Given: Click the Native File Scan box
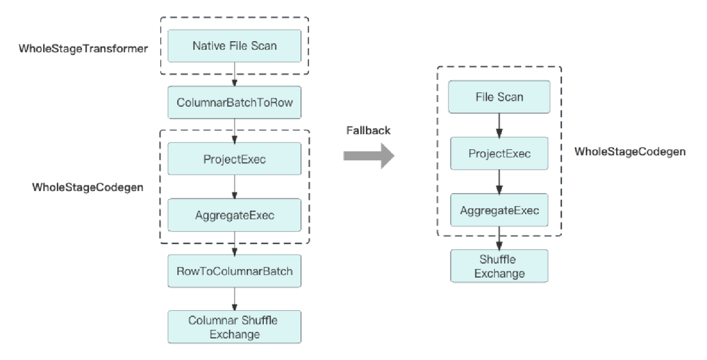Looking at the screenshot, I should pos(234,46).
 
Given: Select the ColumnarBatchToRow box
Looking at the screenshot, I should pos(234,103).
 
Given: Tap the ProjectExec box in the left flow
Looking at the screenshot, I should pos(234,159).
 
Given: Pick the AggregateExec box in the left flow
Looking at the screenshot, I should pos(234,215).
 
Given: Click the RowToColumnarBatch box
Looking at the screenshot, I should pos(234,271).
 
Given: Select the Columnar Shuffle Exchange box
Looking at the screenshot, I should pos(234,327).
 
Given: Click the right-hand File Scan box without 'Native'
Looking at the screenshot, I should pos(499,97).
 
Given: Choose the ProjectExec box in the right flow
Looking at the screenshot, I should pos(499,153).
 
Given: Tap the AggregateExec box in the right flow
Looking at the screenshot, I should pos(499,210).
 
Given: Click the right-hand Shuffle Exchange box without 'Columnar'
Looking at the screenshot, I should pos(499,266).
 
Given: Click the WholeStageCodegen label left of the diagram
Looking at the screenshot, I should pos(88,187).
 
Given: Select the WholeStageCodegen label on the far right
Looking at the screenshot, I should pos(630,152).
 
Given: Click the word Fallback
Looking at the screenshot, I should pos(368,130).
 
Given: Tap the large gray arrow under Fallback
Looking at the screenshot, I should pos(369,156).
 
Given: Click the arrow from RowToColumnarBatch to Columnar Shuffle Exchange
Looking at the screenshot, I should pos(234,298).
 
